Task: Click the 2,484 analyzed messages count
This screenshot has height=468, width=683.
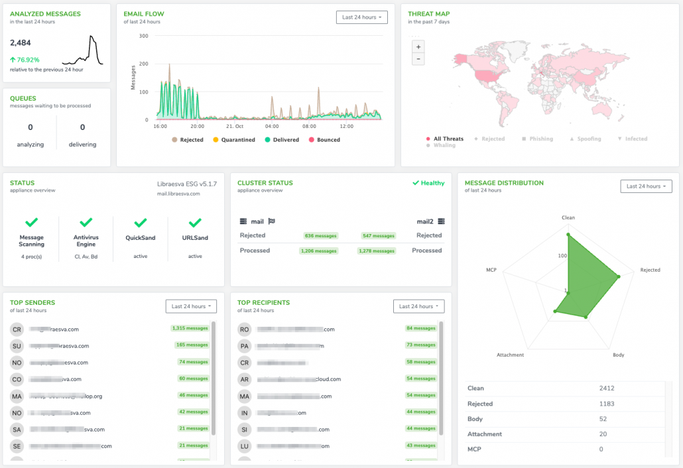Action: [21, 43]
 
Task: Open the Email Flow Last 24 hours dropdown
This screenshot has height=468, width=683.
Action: [361, 17]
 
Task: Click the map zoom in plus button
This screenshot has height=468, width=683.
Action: [418, 46]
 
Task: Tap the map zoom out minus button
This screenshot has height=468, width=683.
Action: [418, 59]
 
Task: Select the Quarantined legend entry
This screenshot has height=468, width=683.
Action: [233, 140]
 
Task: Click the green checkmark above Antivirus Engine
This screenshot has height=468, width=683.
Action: [86, 223]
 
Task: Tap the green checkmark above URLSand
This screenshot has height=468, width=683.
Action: [195, 223]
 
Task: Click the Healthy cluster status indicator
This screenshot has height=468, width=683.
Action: [428, 183]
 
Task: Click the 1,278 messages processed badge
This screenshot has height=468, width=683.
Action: [377, 251]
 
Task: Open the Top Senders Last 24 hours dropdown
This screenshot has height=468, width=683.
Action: [191, 306]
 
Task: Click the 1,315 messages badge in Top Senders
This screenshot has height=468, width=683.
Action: [190, 328]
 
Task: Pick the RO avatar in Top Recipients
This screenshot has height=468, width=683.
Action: [245, 329]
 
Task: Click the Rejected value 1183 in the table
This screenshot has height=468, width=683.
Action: [607, 404]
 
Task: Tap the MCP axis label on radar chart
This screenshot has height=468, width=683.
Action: [491, 270]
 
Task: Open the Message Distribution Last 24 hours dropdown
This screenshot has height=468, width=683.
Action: [646, 186]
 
